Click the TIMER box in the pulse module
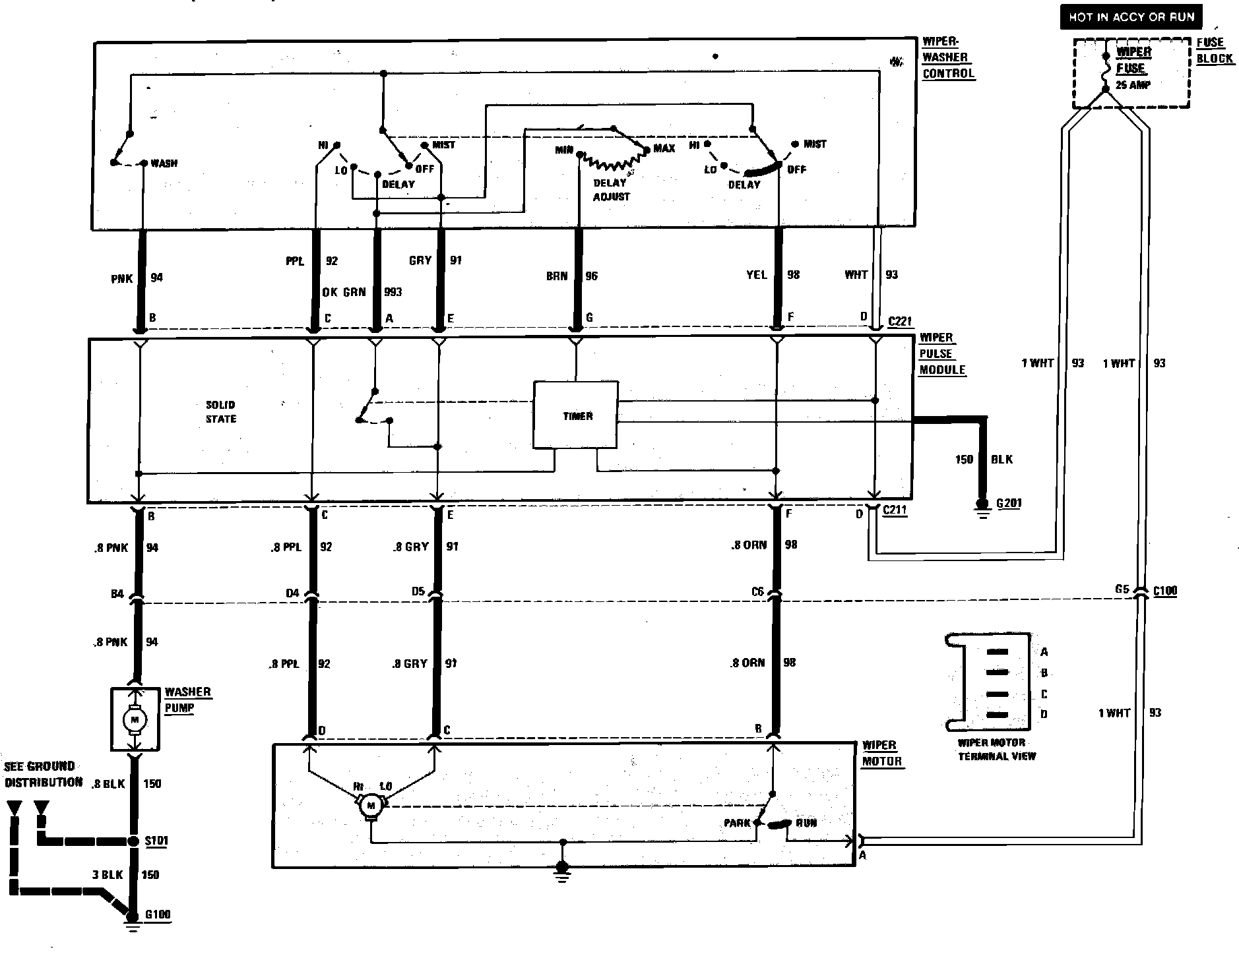pyautogui.click(x=576, y=415)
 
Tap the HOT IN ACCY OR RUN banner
pyautogui.click(x=1131, y=17)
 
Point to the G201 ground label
pyautogui.click(x=1009, y=504)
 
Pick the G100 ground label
pyautogui.click(x=158, y=915)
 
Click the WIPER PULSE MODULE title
pyautogui.click(x=942, y=354)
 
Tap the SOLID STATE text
pyautogui.click(x=220, y=411)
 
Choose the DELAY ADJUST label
pyautogui.click(x=611, y=190)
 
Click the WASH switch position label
pyautogui.click(x=164, y=163)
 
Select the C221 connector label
pyautogui.click(x=899, y=322)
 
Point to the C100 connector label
pyautogui.click(x=1164, y=591)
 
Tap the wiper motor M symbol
pyautogui.click(x=370, y=805)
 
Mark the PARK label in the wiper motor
pyautogui.click(x=737, y=823)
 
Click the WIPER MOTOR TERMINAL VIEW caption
pyautogui.click(x=996, y=750)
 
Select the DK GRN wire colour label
pyautogui.click(x=344, y=292)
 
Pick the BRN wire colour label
pyautogui.click(x=556, y=276)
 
